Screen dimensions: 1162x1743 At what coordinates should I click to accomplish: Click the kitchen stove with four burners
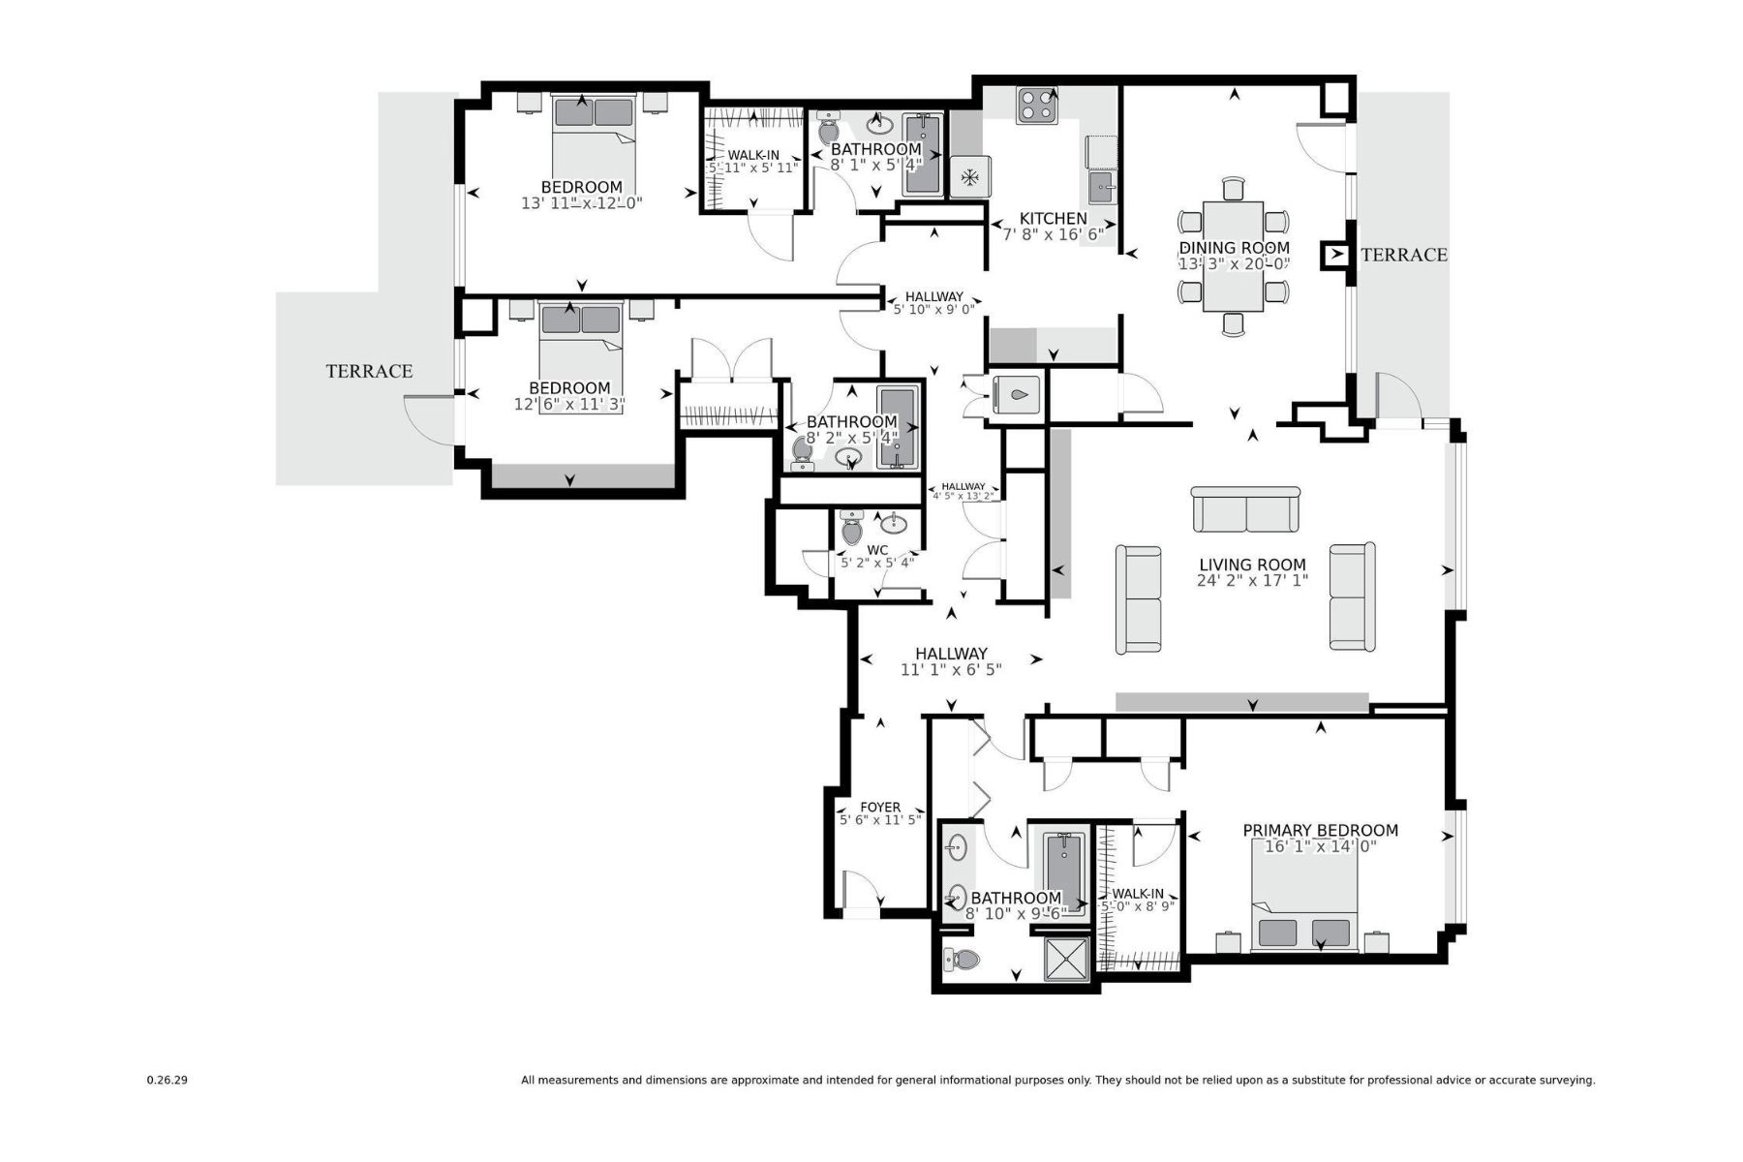[x=1036, y=106]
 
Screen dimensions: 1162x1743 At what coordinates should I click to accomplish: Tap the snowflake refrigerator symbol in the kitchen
[x=968, y=177]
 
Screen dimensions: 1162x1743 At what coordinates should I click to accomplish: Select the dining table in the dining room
[x=1233, y=256]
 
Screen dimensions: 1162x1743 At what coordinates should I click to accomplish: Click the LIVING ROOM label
[x=1252, y=565]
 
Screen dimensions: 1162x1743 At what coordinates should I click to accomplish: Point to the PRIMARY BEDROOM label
[x=1320, y=830]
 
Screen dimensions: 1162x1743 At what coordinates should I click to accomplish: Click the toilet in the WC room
[x=852, y=530]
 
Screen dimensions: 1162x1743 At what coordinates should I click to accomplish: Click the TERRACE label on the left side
[x=369, y=371]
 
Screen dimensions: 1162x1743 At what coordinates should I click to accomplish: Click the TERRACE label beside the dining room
[x=1403, y=255]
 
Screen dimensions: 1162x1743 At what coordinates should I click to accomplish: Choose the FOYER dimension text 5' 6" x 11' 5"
[x=879, y=820]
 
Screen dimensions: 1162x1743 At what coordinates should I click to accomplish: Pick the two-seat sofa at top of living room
[x=1245, y=510]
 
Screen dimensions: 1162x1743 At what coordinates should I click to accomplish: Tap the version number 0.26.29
[x=167, y=1080]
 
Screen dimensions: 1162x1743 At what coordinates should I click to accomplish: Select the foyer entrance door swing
[x=861, y=891]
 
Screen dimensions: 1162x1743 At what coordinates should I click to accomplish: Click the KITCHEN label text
[x=1053, y=219]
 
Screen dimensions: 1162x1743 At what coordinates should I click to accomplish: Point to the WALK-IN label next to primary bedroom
[x=1138, y=894]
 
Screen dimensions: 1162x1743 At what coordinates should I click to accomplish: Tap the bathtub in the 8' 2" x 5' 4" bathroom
[x=897, y=428]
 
